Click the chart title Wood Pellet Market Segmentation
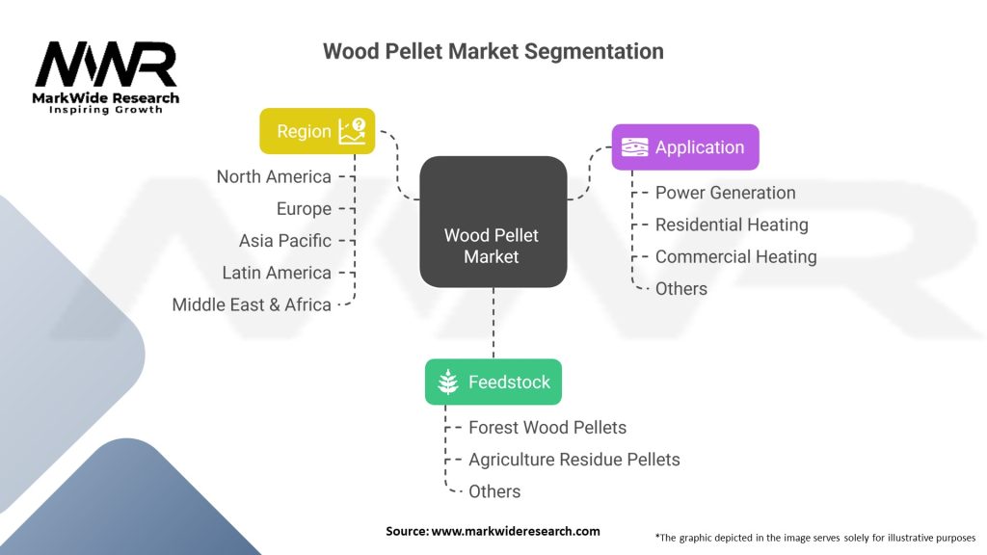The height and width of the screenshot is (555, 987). pos(493,51)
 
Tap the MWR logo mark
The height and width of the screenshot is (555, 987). pos(106,65)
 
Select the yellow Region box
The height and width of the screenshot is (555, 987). pos(317,131)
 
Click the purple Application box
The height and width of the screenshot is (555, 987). pos(685,147)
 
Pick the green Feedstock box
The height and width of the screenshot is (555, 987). pos(493,382)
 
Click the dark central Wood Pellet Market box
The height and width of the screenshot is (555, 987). pos(493,223)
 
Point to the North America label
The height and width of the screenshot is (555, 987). pos(274,177)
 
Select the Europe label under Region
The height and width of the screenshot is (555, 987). pos(304,209)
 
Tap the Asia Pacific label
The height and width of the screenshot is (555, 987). pos(285,241)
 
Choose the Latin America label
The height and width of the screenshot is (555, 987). pos(277,273)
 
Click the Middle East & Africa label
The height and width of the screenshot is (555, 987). pos(252,305)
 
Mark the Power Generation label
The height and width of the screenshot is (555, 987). pos(725,193)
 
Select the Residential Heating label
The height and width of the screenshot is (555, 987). pos(733,225)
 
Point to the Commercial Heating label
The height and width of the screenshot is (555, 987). pos(735,256)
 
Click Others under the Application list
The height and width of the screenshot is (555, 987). pos(681,289)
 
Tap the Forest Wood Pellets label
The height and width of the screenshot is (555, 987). pos(547,428)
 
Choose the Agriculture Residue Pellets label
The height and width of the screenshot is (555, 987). pos(574,460)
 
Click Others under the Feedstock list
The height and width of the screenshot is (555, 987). pos(494,491)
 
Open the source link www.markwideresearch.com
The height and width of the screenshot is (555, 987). pos(516,531)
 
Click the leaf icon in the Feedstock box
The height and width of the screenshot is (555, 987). pos(447,382)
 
